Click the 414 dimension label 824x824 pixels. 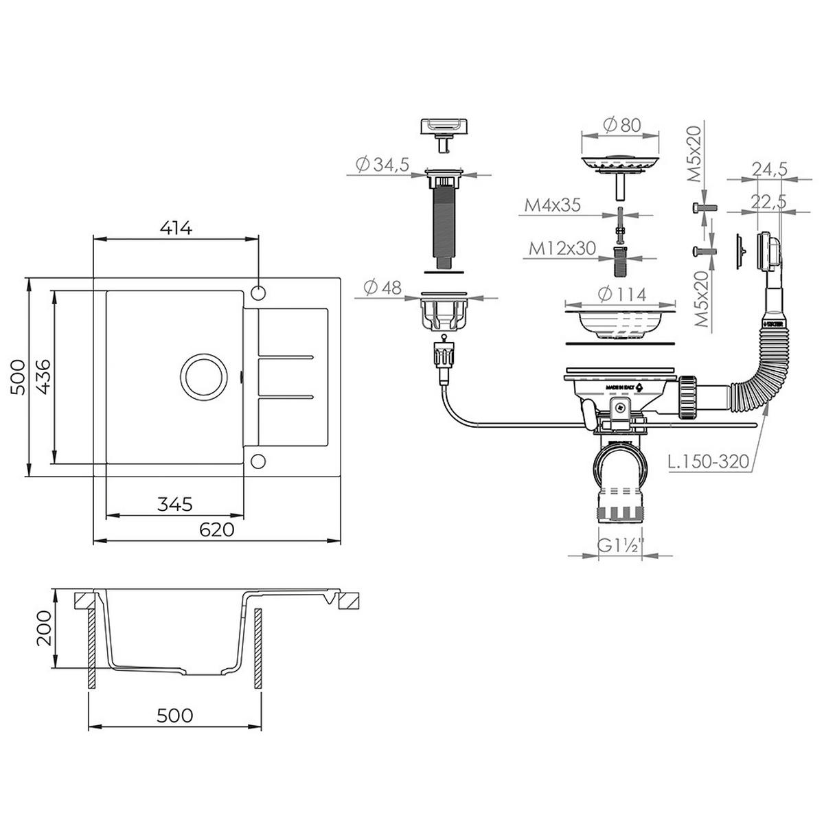pos(176,229)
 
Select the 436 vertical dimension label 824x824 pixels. pos(43,377)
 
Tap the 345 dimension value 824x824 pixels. pos(174,504)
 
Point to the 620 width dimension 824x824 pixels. pos(218,529)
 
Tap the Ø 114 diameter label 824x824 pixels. pos(621,295)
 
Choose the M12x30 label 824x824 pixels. pos(562,249)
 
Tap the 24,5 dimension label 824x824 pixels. pos(768,170)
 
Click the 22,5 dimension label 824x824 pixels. pos(768,202)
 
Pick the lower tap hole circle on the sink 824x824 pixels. pos(258,461)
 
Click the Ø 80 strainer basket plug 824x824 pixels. pos(621,165)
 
